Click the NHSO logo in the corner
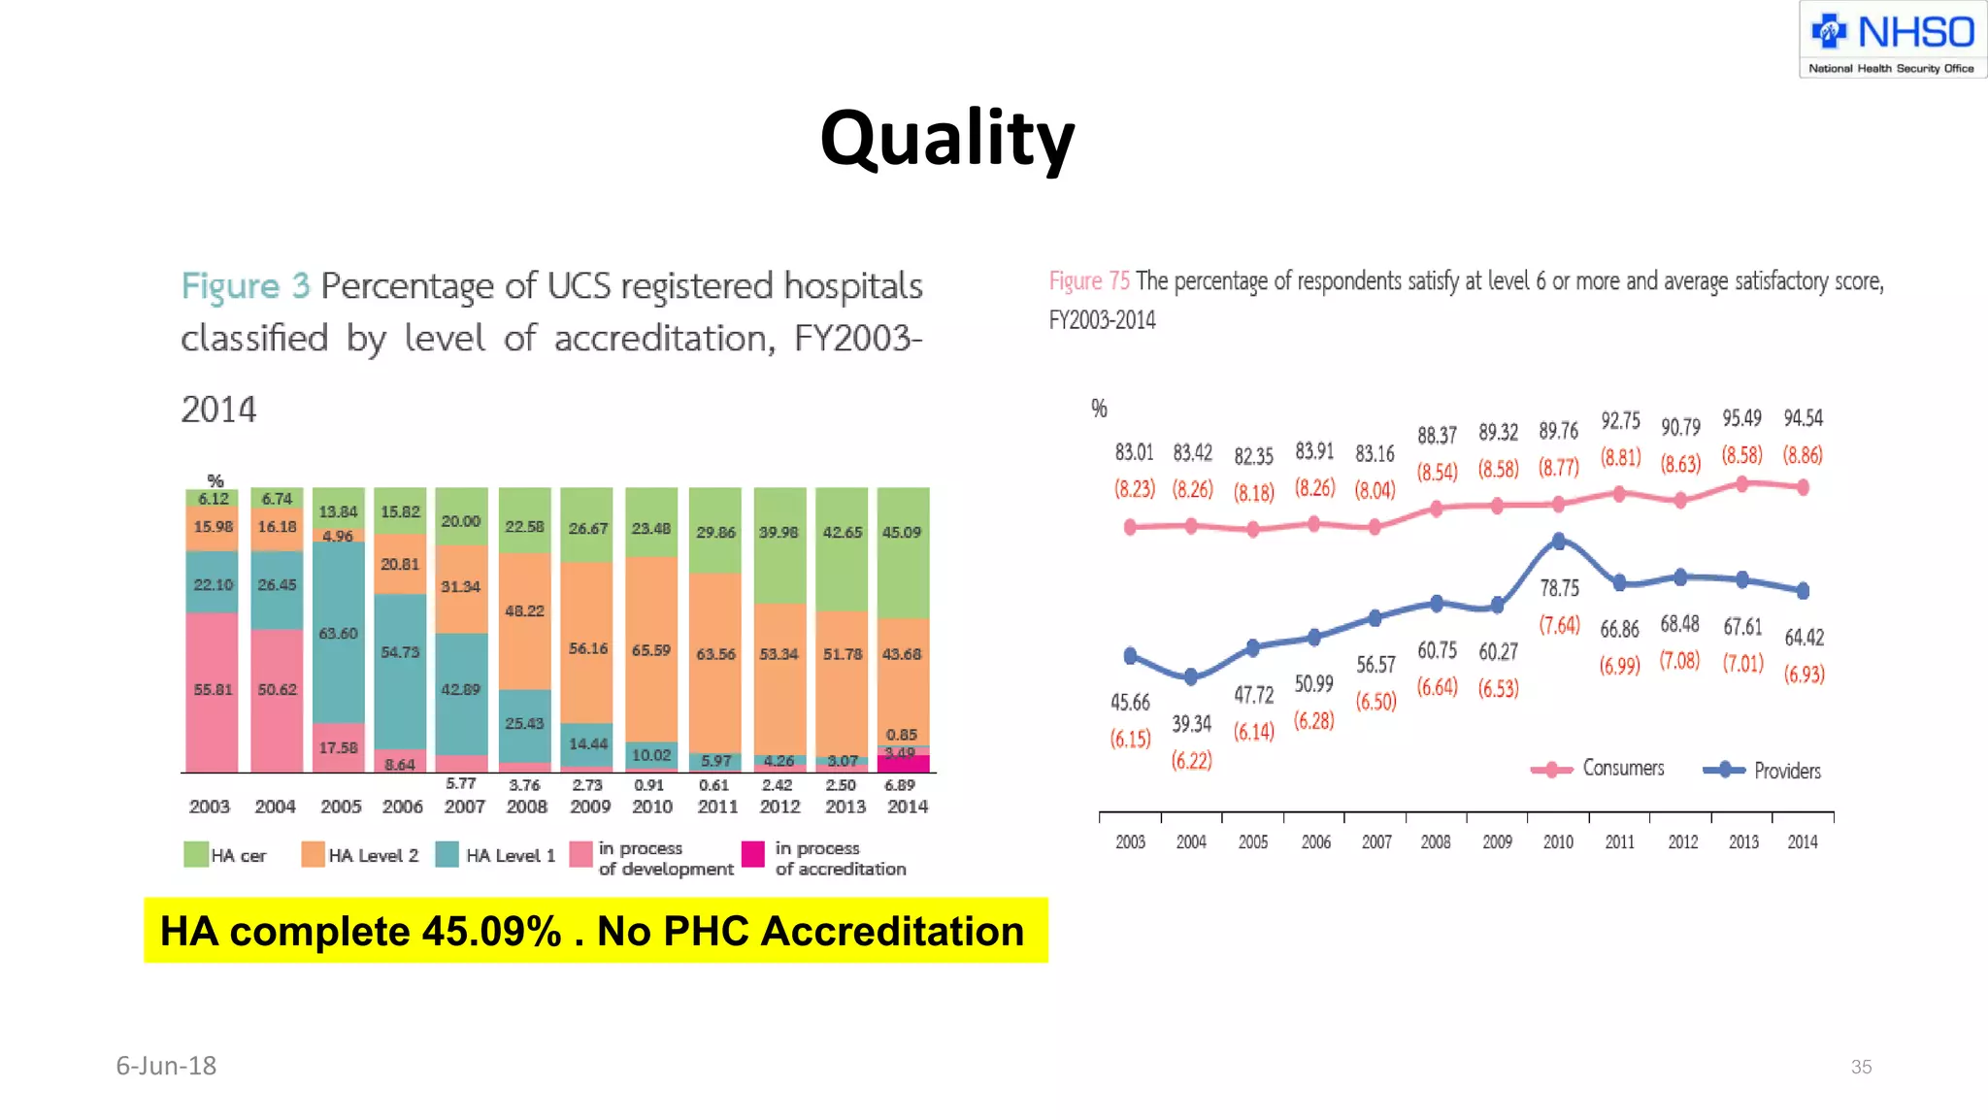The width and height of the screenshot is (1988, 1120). pyautogui.click(x=1892, y=40)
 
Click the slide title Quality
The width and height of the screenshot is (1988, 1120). pyautogui.click(x=946, y=139)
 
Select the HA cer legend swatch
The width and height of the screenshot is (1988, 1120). pyautogui.click(x=196, y=854)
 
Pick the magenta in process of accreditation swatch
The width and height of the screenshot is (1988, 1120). pyautogui.click(x=752, y=854)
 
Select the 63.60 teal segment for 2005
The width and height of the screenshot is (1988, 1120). pyautogui.click(x=338, y=633)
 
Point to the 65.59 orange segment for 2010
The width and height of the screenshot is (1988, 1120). pyautogui.click(x=651, y=649)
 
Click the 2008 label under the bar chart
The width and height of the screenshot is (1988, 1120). pyautogui.click(x=526, y=807)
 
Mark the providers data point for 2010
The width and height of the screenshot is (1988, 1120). pyautogui.click(x=1558, y=541)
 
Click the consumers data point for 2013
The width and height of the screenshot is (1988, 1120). pyautogui.click(x=1741, y=483)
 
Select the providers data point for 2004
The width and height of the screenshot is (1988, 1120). pyautogui.click(x=1191, y=676)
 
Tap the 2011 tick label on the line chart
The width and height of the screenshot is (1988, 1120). pyautogui.click(x=1619, y=841)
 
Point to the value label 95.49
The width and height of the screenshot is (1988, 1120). pyautogui.click(x=1741, y=418)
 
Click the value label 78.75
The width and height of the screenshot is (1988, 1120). pyautogui.click(x=1559, y=588)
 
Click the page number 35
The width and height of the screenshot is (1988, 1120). pyautogui.click(x=1861, y=1067)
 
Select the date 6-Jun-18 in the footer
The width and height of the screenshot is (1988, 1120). pyautogui.click(x=166, y=1066)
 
